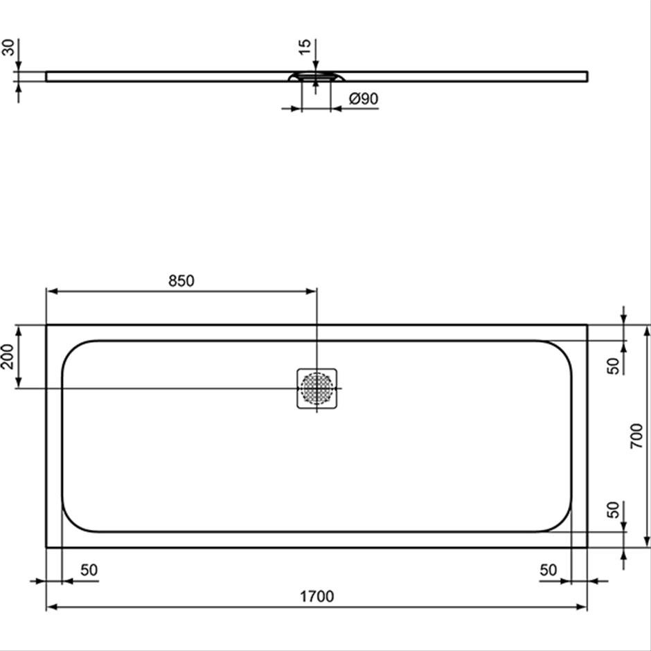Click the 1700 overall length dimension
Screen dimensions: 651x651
(x=316, y=596)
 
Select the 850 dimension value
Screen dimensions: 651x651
(x=181, y=281)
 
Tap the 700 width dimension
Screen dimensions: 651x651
(x=636, y=436)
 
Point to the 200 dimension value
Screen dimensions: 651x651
(x=8, y=356)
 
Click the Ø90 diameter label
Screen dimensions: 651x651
(x=364, y=98)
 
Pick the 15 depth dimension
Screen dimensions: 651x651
(x=304, y=46)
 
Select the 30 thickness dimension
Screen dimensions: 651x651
(x=8, y=47)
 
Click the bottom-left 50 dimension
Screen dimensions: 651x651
(x=89, y=570)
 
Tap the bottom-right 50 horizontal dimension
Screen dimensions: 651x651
(x=549, y=570)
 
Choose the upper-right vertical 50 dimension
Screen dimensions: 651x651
(x=613, y=366)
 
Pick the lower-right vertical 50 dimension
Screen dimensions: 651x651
(x=613, y=510)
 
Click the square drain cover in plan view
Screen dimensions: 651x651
(x=316, y=389)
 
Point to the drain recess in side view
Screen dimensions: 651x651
(x=316, y=76)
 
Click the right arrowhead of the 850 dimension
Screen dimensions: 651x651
(x=312, y=292)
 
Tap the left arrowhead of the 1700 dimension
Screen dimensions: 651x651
(x=51, y=607)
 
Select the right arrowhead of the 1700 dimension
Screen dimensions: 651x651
(x=582, y=607)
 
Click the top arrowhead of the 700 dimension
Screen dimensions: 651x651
(x=646, y=330)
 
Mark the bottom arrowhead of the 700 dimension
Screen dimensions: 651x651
(x=646, y=542)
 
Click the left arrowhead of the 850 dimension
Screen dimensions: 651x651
(x=52, y=292)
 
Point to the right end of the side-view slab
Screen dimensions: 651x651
(x=587, y=76)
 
